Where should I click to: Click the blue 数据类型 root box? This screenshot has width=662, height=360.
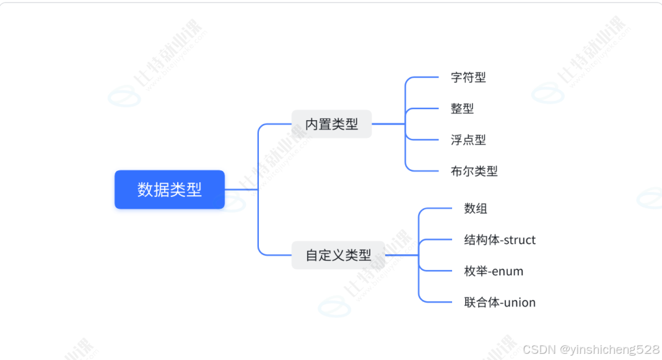(169, 190)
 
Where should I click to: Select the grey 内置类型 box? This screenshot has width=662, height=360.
(331, 124)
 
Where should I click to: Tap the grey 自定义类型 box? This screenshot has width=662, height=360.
(338, 255)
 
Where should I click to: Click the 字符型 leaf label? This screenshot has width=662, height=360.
(468, 77)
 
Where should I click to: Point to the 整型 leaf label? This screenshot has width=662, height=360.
(462, 108)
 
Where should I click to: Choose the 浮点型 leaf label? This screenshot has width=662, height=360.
(468, 140)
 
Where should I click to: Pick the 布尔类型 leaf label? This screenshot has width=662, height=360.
(474, 171)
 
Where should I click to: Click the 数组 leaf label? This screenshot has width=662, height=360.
(476, 209)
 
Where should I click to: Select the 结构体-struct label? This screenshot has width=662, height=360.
(500, 240)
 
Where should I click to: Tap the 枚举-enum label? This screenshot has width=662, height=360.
(494, 271)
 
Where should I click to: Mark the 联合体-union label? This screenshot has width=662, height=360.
(500, 302)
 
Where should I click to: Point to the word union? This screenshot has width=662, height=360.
(520, 302)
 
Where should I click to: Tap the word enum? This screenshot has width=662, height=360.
(508, 271)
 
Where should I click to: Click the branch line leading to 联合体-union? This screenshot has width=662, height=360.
(437, 302)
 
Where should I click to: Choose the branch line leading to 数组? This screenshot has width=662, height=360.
(437, 209)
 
